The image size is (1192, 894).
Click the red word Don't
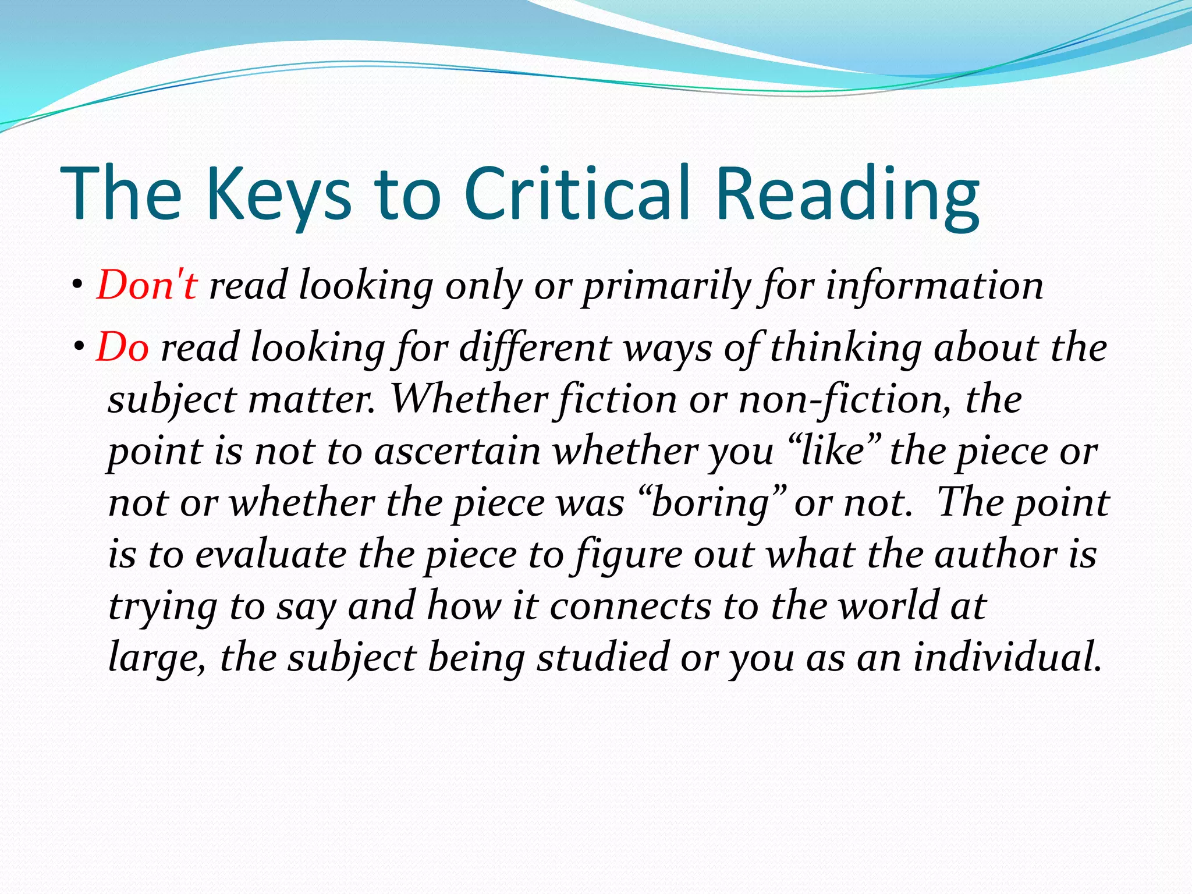click(147, 286)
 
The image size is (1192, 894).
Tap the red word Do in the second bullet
click(122, 347)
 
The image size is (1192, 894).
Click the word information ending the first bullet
click(935, 286)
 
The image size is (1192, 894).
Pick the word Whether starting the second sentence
click(469, 400)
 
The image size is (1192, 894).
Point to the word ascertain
click(457, 451)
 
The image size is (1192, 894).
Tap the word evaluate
click(271, 554)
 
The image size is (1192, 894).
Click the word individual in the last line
click(1007, 657)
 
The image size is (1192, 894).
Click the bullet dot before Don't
click(77, 286)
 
